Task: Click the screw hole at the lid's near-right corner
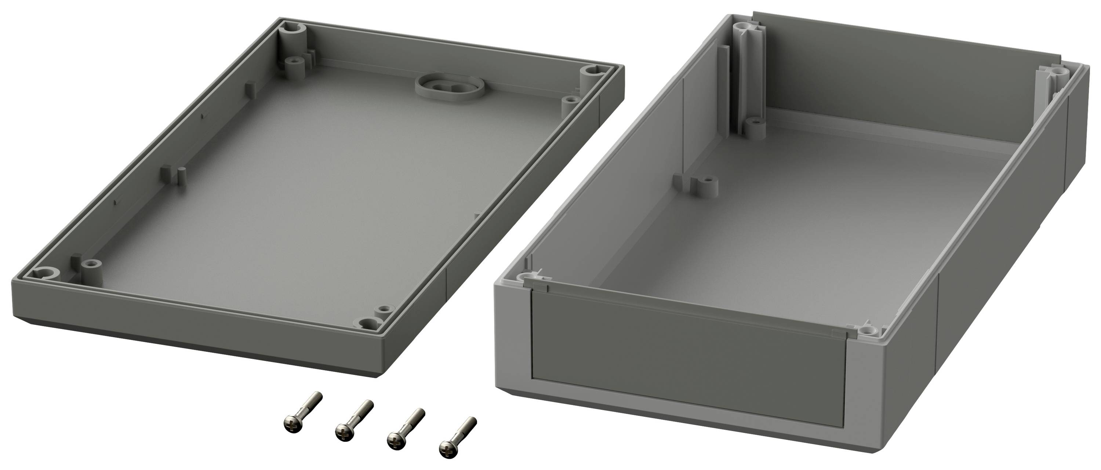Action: point(367,323)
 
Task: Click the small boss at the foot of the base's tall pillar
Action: point(756,127)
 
